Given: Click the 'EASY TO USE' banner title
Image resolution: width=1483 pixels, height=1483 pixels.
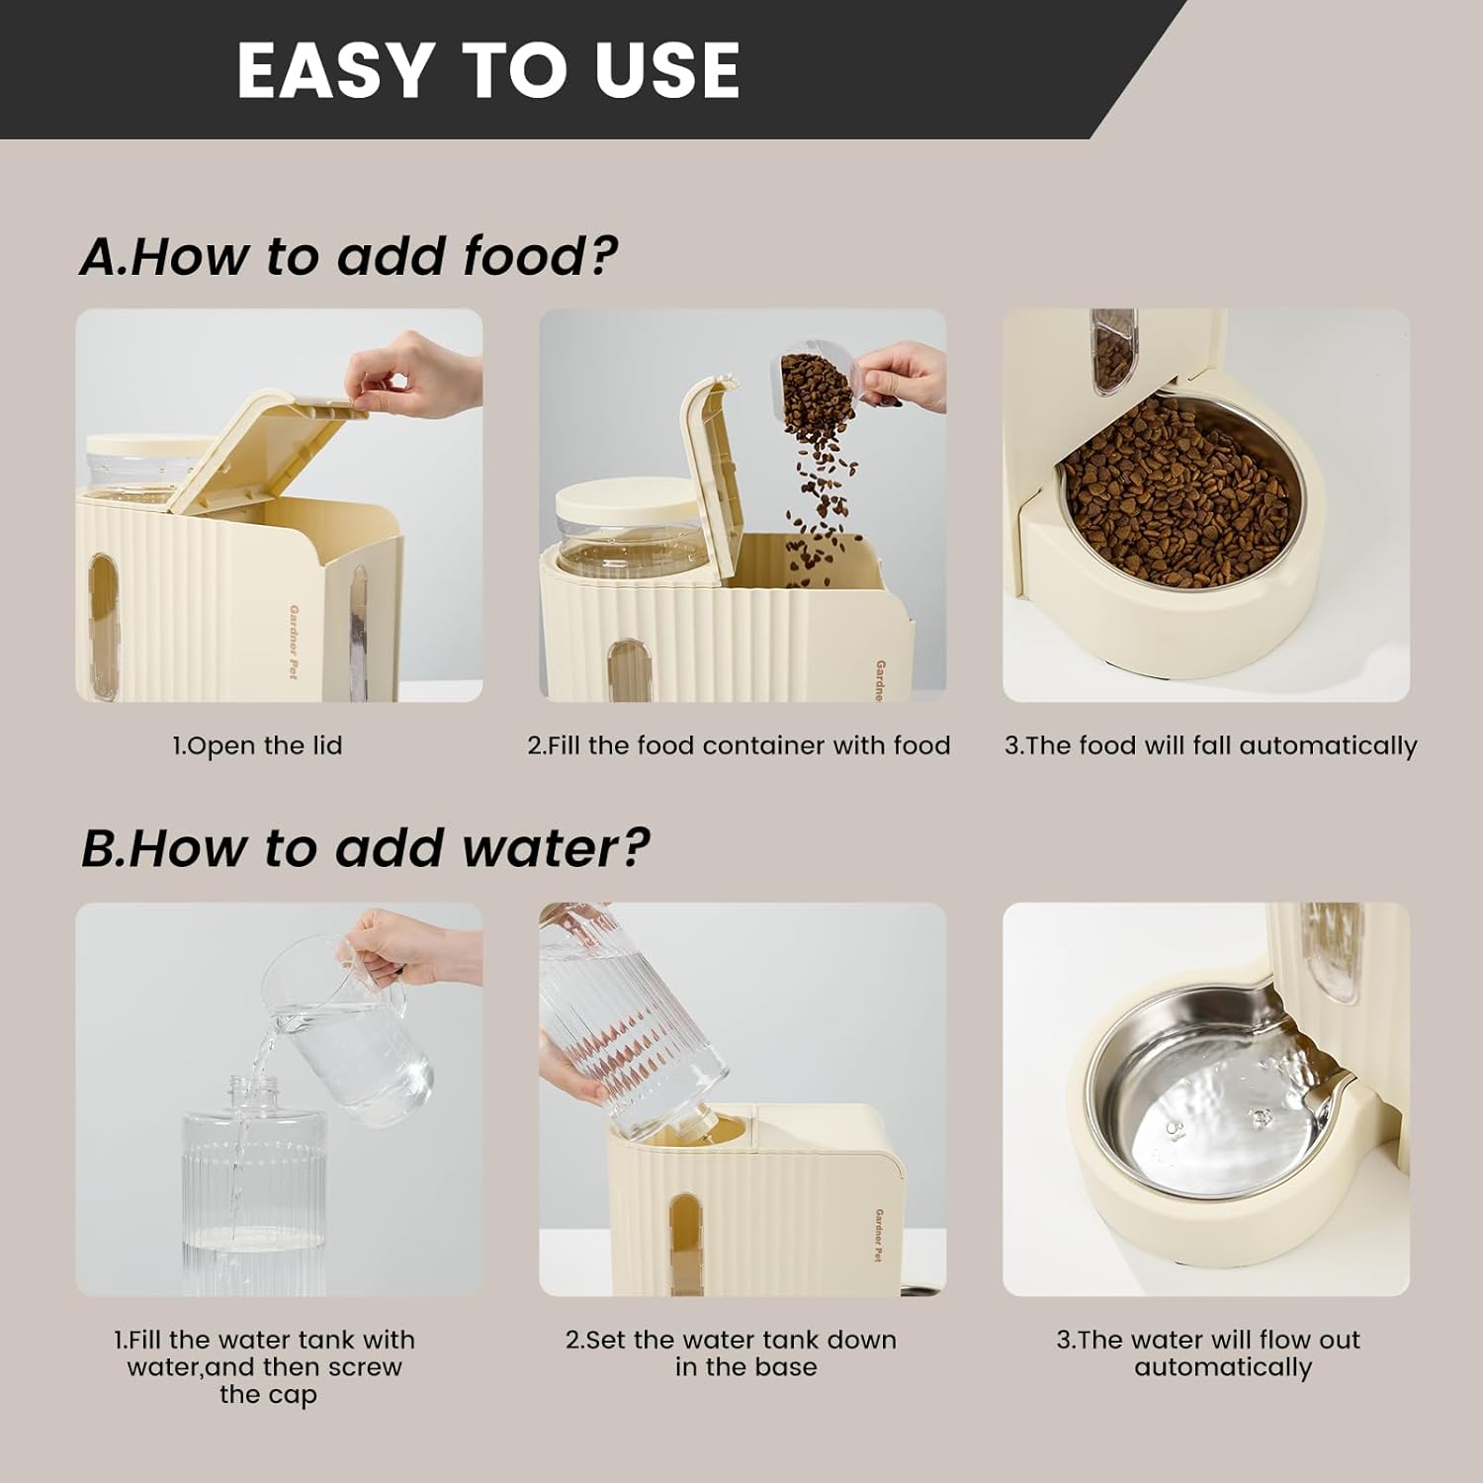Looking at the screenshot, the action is pyautogui.click(x=488, y=70).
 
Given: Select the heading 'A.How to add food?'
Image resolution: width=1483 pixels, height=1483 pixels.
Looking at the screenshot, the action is pyautogui.click(x=348, y=256).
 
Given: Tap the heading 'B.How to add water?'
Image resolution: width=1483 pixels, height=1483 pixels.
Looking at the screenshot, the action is pyautogui.click(x=365, y=848).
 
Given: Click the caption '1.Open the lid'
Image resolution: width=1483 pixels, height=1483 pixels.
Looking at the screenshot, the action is pyautogui.click(x=257, y=745).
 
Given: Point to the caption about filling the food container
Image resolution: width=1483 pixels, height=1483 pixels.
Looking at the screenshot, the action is pyautogui.click(x=739, y=745).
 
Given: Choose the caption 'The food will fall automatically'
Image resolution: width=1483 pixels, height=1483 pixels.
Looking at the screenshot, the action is pyautogui.click(x=1211, y=745).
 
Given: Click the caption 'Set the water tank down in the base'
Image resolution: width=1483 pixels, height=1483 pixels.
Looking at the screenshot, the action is pyautogui.click(x=732, y=1353).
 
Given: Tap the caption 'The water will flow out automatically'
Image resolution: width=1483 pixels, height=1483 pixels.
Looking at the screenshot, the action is pyautogui.click(x=1208, y=1353).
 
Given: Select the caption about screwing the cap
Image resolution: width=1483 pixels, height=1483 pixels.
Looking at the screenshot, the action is pyautogui.click(x=264, y=1367).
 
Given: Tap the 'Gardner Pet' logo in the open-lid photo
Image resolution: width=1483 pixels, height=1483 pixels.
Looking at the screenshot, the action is pyautogui.click(x=294, y=643).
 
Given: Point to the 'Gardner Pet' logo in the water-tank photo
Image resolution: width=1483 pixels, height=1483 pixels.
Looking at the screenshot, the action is pyautogui.click(x=879, y=1235).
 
